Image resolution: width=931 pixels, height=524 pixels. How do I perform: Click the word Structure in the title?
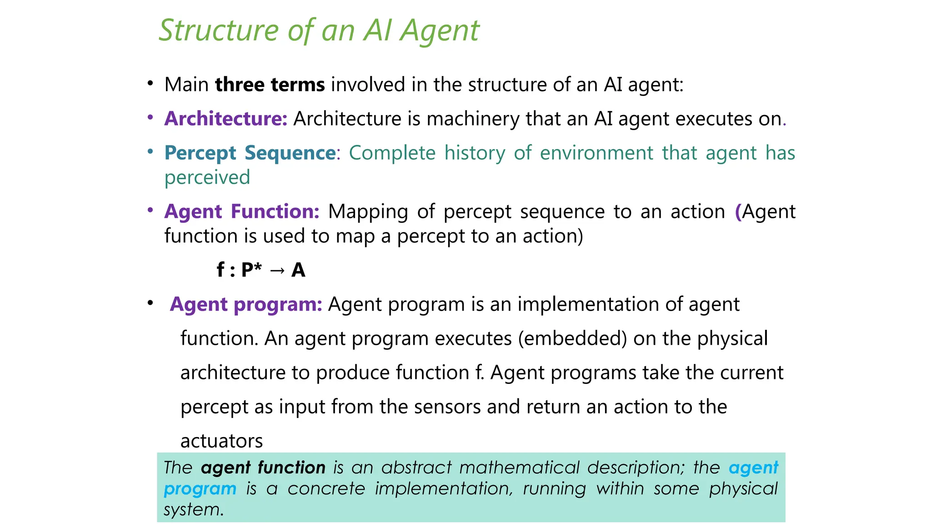(219, 30)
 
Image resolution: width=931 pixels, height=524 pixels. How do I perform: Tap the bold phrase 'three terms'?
(270, 85)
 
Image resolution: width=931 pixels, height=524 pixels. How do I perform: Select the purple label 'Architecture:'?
(226, 119)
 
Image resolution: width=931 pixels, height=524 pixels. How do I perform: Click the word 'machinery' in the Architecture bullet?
(473, 119)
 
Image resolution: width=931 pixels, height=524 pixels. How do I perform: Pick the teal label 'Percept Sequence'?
(250, 153)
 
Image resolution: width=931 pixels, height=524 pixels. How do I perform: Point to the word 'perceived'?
(207, 177)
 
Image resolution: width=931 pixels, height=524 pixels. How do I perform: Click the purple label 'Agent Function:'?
(242, 212)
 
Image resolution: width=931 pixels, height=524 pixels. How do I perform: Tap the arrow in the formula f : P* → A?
(277, 271)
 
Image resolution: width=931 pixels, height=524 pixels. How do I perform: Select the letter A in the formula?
(298, 270)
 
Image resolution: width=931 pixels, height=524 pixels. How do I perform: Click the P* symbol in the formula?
(251, 270)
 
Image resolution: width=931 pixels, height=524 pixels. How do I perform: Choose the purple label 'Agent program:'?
(246, 304)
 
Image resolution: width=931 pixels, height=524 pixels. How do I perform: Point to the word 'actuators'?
(221, 441)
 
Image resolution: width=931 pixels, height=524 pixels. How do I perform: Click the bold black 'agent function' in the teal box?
(263, 468)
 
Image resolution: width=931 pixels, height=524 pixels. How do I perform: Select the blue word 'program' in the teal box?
(200, 489)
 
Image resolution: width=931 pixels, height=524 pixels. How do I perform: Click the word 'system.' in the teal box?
(194, 510)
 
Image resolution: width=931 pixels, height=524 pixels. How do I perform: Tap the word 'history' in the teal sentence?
(474, 153)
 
